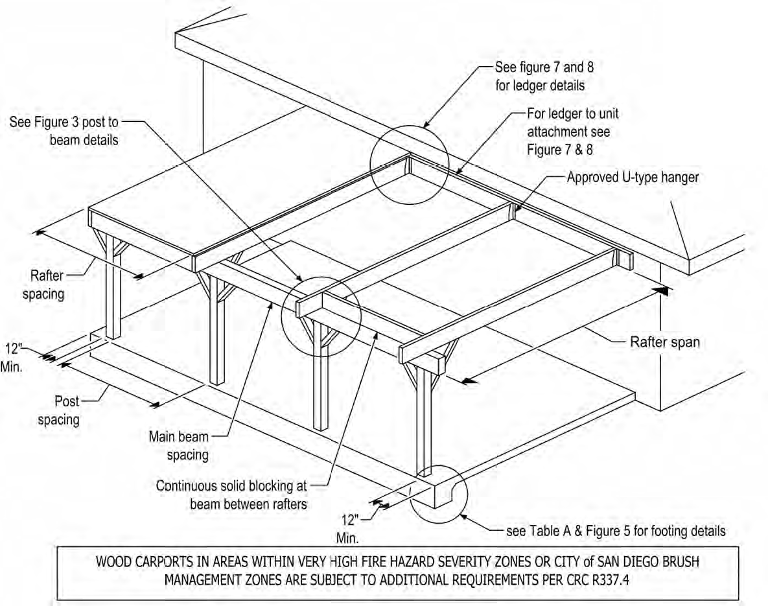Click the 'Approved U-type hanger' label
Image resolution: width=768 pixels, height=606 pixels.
coord(632,178)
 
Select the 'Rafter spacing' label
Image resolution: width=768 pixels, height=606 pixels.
coord(43,285)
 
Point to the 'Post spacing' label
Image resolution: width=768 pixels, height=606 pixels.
coord(58,411)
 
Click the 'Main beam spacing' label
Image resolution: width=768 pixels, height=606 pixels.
coord(179,445)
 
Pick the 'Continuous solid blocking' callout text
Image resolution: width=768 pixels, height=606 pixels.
coord(231,495)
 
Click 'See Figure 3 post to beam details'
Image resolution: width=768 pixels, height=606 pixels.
coord(64,130)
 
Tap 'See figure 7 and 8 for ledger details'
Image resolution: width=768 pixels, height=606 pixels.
coord(540,76)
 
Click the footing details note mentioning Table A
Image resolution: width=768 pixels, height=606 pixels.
coord(615,531)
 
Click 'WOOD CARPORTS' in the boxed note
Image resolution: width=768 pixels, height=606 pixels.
coord(137,562)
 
